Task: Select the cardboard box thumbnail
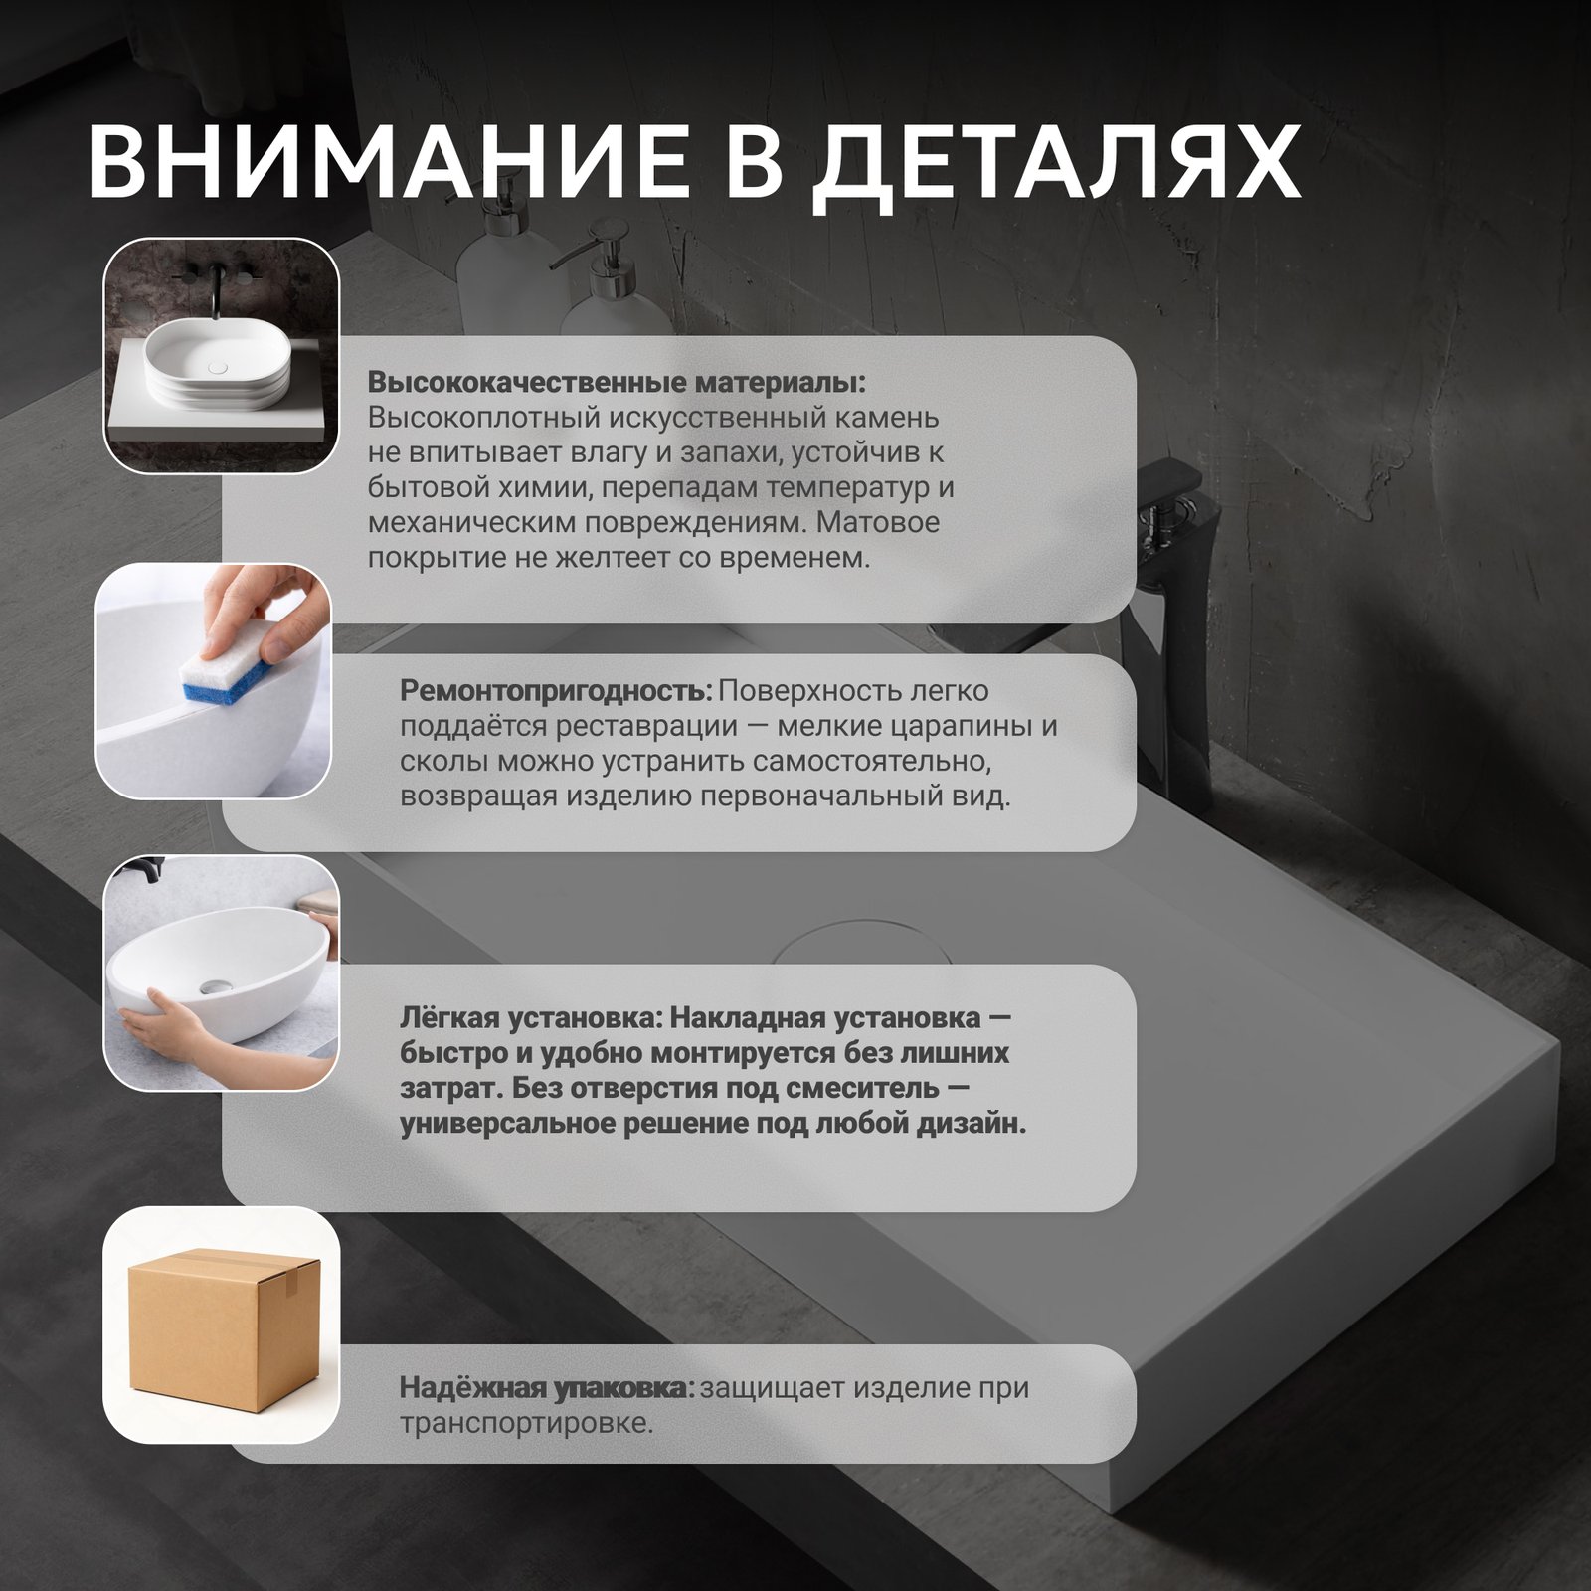click(x=221, y=1325)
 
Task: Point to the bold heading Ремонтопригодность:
click(x=556, y=691)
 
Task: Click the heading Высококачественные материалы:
click(x=617, y=383)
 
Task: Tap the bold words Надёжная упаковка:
click(x=547, y=1387)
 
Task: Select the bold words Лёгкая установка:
click(x=530, y=1018)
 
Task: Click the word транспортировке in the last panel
click(x=526, y=1424)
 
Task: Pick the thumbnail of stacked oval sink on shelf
click(x=222, y=355)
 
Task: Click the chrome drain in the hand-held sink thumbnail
click(x=215, y=986)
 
